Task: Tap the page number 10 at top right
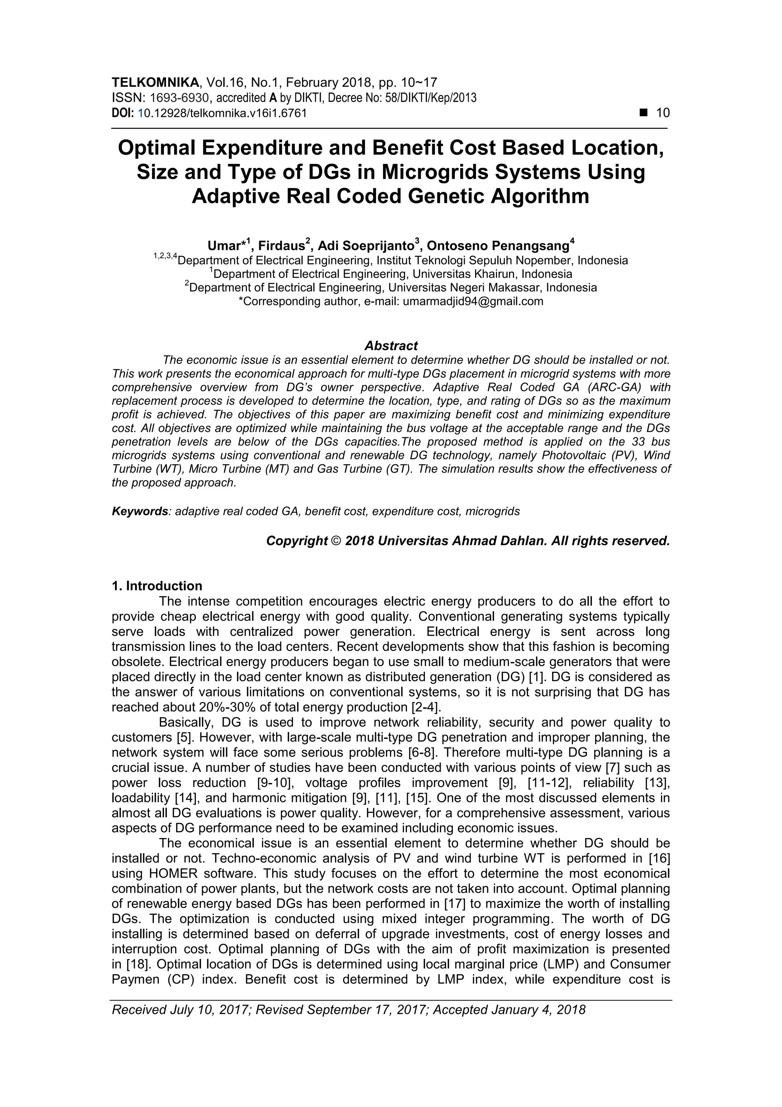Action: (x=663, y=113)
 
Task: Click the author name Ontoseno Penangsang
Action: (x=498, y=246)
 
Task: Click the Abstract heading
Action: (x=391, y=346)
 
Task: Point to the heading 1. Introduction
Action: (x=157, y=586)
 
